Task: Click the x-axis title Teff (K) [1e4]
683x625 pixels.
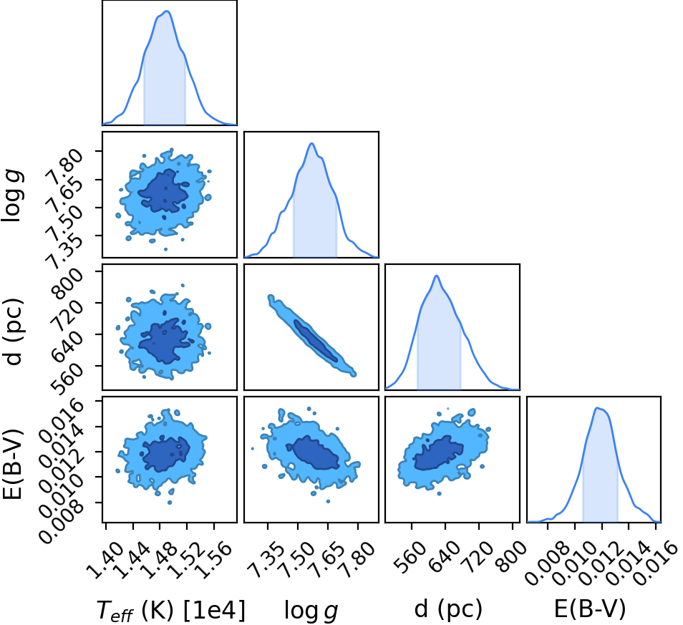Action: (170, 610)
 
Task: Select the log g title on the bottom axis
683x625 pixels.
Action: (311, 611)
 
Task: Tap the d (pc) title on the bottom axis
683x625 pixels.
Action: (448, 609)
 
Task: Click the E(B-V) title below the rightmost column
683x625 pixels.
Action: (590, 609)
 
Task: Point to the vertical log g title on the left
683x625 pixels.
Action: (12, 194)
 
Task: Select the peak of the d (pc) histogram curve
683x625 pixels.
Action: (437, 276)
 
